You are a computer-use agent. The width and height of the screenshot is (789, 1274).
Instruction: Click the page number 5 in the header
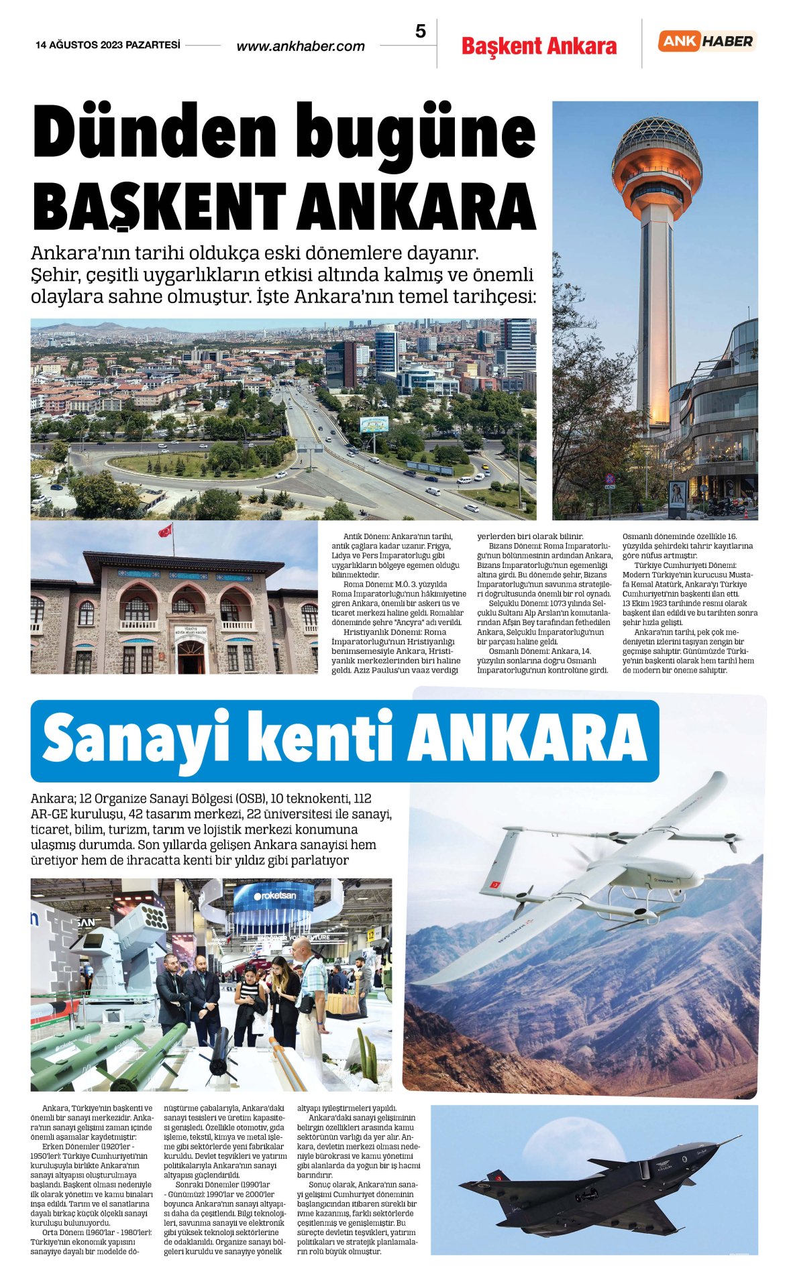click(x=421, y=32)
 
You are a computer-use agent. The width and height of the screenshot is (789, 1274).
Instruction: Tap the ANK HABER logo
click(x=707, y=42)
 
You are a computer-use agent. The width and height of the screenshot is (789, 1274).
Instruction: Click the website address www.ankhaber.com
click(x=301, y=46)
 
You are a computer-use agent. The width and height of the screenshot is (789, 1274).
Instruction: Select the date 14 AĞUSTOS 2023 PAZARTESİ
click(x=108, y=45)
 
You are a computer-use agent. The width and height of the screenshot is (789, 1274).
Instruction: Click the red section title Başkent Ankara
click(x=539, y=46)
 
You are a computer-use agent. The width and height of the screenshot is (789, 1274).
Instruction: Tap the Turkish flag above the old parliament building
click(x=165, y=530)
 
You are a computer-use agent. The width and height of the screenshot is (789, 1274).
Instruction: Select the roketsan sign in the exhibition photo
click(x=275, y=895)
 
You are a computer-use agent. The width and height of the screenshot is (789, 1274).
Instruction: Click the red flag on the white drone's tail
click(x=495, y=885)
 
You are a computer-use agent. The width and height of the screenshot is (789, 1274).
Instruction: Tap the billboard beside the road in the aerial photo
click(x=374, y=424)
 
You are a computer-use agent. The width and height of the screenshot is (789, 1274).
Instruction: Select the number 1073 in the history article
click(x=559, y=603)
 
